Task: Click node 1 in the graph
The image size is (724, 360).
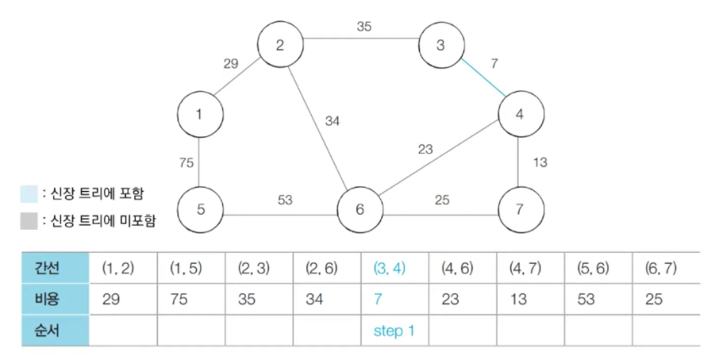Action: point(200,114)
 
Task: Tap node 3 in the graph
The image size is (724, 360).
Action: point(441,45)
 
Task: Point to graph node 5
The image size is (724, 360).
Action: point(200,209)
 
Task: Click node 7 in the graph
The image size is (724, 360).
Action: point(521,209)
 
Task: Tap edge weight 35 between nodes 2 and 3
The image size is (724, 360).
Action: point(363,26)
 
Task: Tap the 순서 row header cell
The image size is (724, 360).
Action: point(55,330)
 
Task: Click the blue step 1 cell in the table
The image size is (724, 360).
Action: point(394,330)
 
